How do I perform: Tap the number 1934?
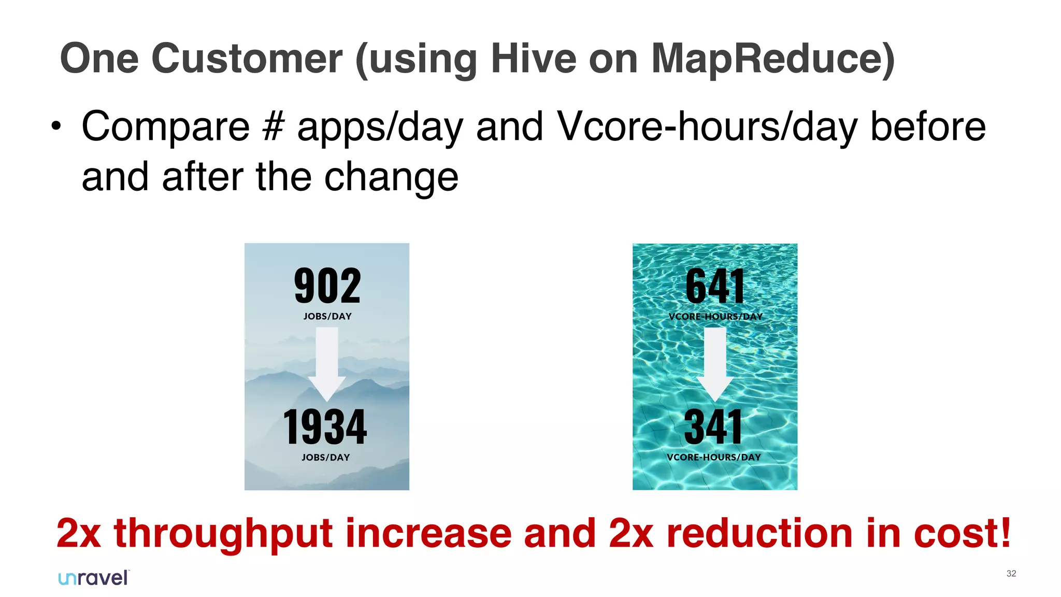pos(325,427)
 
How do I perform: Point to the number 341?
pos(713,427)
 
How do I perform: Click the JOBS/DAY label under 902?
pos(327,316)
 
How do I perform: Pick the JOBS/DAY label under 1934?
pos(325,457)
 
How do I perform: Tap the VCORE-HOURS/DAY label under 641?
pos(715,316)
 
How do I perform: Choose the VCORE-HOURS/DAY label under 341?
pos(713,457)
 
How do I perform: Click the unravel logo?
pos(94,578)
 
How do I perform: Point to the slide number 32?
pos(1011,573)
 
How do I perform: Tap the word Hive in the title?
pos(533,59)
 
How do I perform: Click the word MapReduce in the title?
pos(766,59)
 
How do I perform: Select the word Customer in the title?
pos(247,59)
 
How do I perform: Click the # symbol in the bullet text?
pos(273,126)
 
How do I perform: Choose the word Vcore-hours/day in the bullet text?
pos(707,127)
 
